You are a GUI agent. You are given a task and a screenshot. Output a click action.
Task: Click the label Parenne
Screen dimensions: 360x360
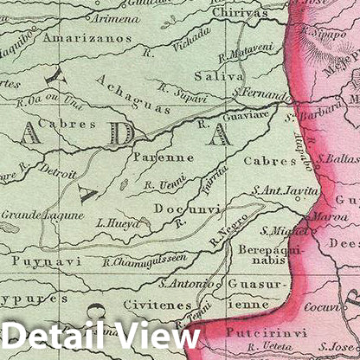(163, 157)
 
